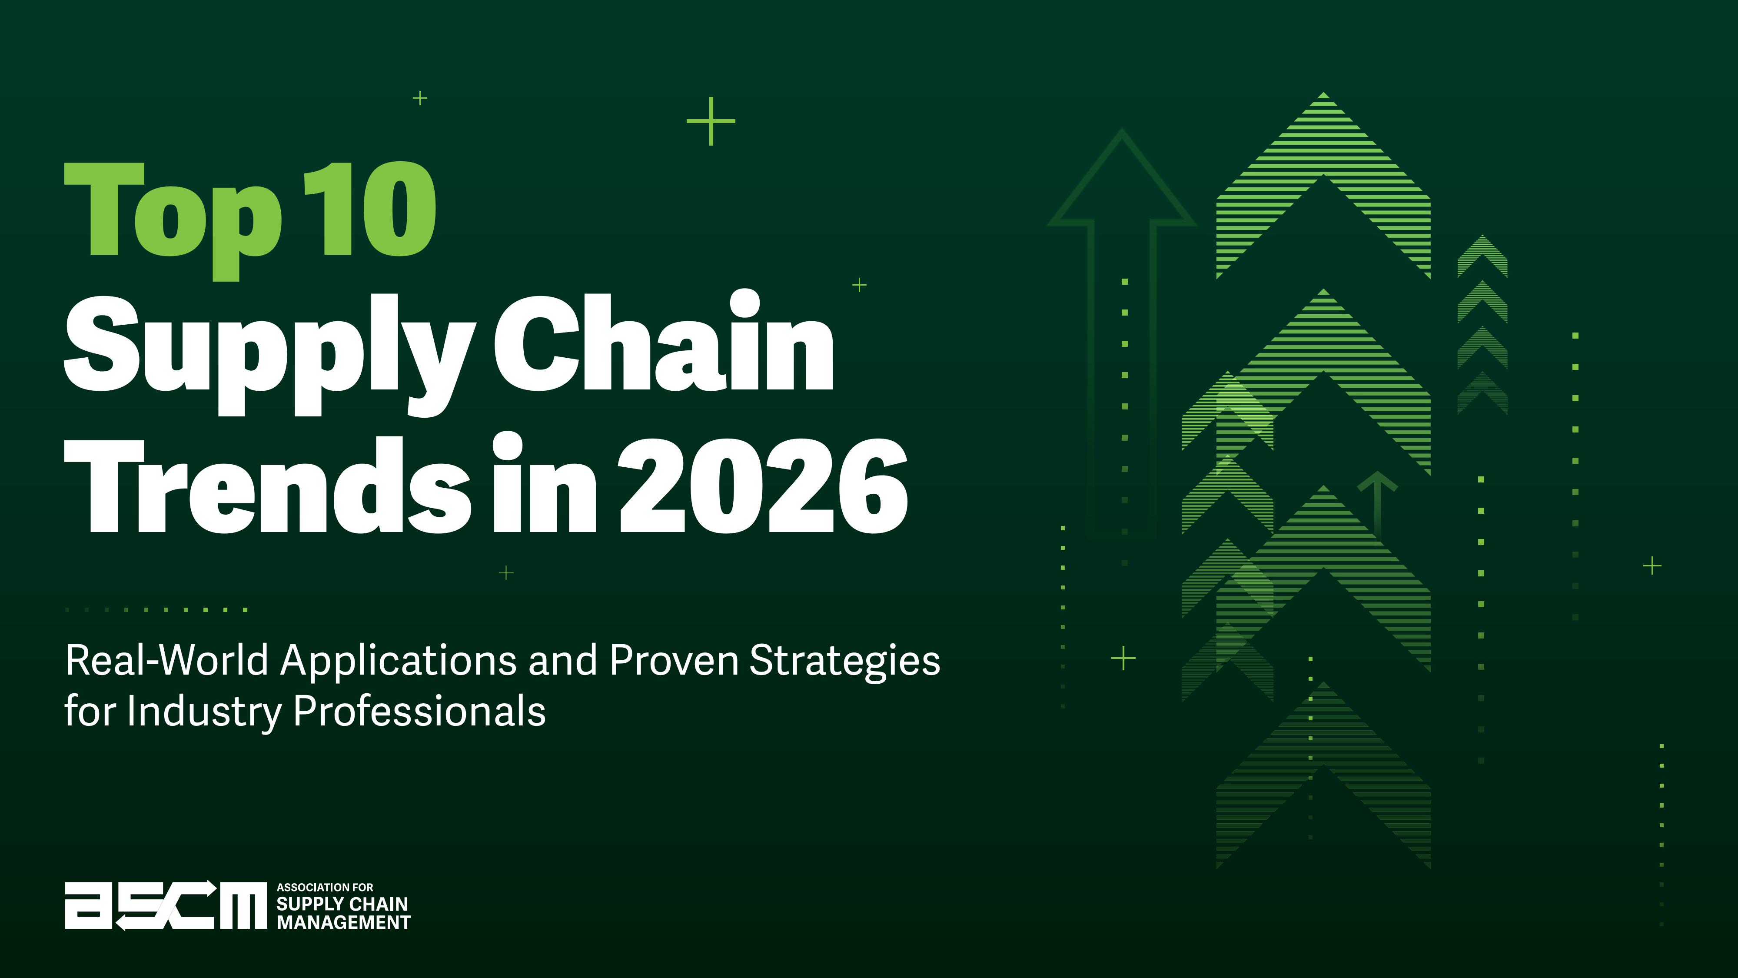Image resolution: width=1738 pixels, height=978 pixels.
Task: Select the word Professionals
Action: [x=420, y=712]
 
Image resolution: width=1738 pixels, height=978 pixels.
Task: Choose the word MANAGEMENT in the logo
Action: [x=343, y=923]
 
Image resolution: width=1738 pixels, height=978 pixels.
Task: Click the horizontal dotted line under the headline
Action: [x=156, y=609]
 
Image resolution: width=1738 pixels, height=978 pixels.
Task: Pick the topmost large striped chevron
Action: [x=1323, y=186]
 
